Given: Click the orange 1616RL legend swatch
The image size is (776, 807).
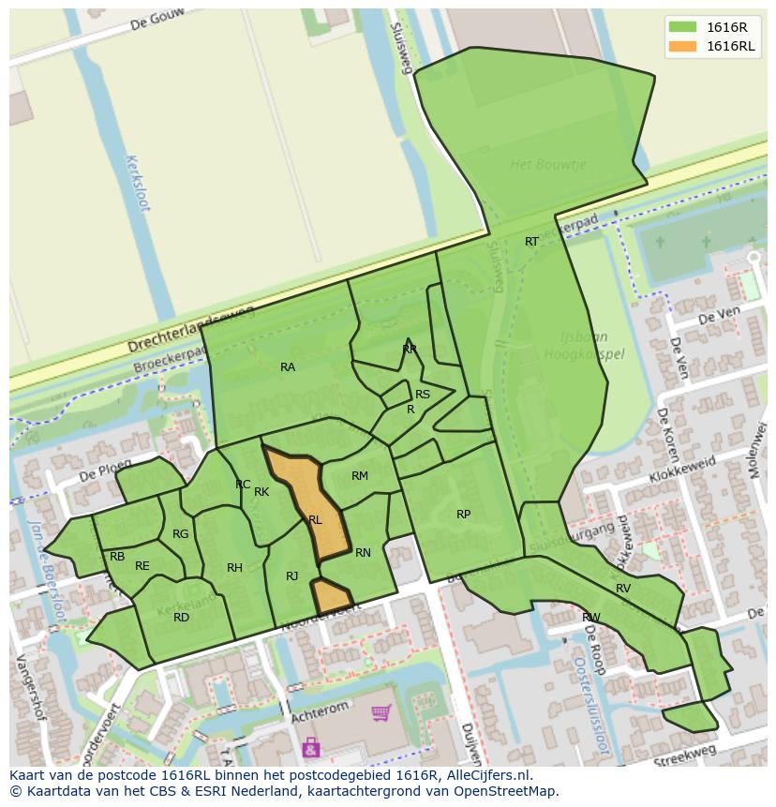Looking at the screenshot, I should (x=683, y=47).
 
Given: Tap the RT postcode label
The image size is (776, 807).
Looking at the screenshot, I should (x=531, y=242).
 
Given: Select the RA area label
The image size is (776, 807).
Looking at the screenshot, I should (x=288, y=367).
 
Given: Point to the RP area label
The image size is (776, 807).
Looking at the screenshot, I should (x=463, y=515).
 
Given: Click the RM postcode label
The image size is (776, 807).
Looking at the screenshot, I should (x=360, y=476).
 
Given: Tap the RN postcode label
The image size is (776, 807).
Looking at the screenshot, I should (x=363, y=553).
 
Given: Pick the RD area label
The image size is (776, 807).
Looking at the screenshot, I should (x=181, y=618).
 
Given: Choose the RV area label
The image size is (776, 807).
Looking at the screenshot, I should (x=623, y=589).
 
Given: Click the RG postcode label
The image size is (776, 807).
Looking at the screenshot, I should (x=181, y=535).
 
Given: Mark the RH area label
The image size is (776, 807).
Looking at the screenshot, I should (x=234, y=568).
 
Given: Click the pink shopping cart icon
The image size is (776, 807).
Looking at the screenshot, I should (x=381, y=714).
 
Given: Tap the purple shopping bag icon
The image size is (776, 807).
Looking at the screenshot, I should (x=310, y=747).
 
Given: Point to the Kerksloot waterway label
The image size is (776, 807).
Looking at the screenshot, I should (x=137, y=183).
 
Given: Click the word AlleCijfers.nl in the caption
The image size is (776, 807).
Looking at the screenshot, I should (x=485, y=775).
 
